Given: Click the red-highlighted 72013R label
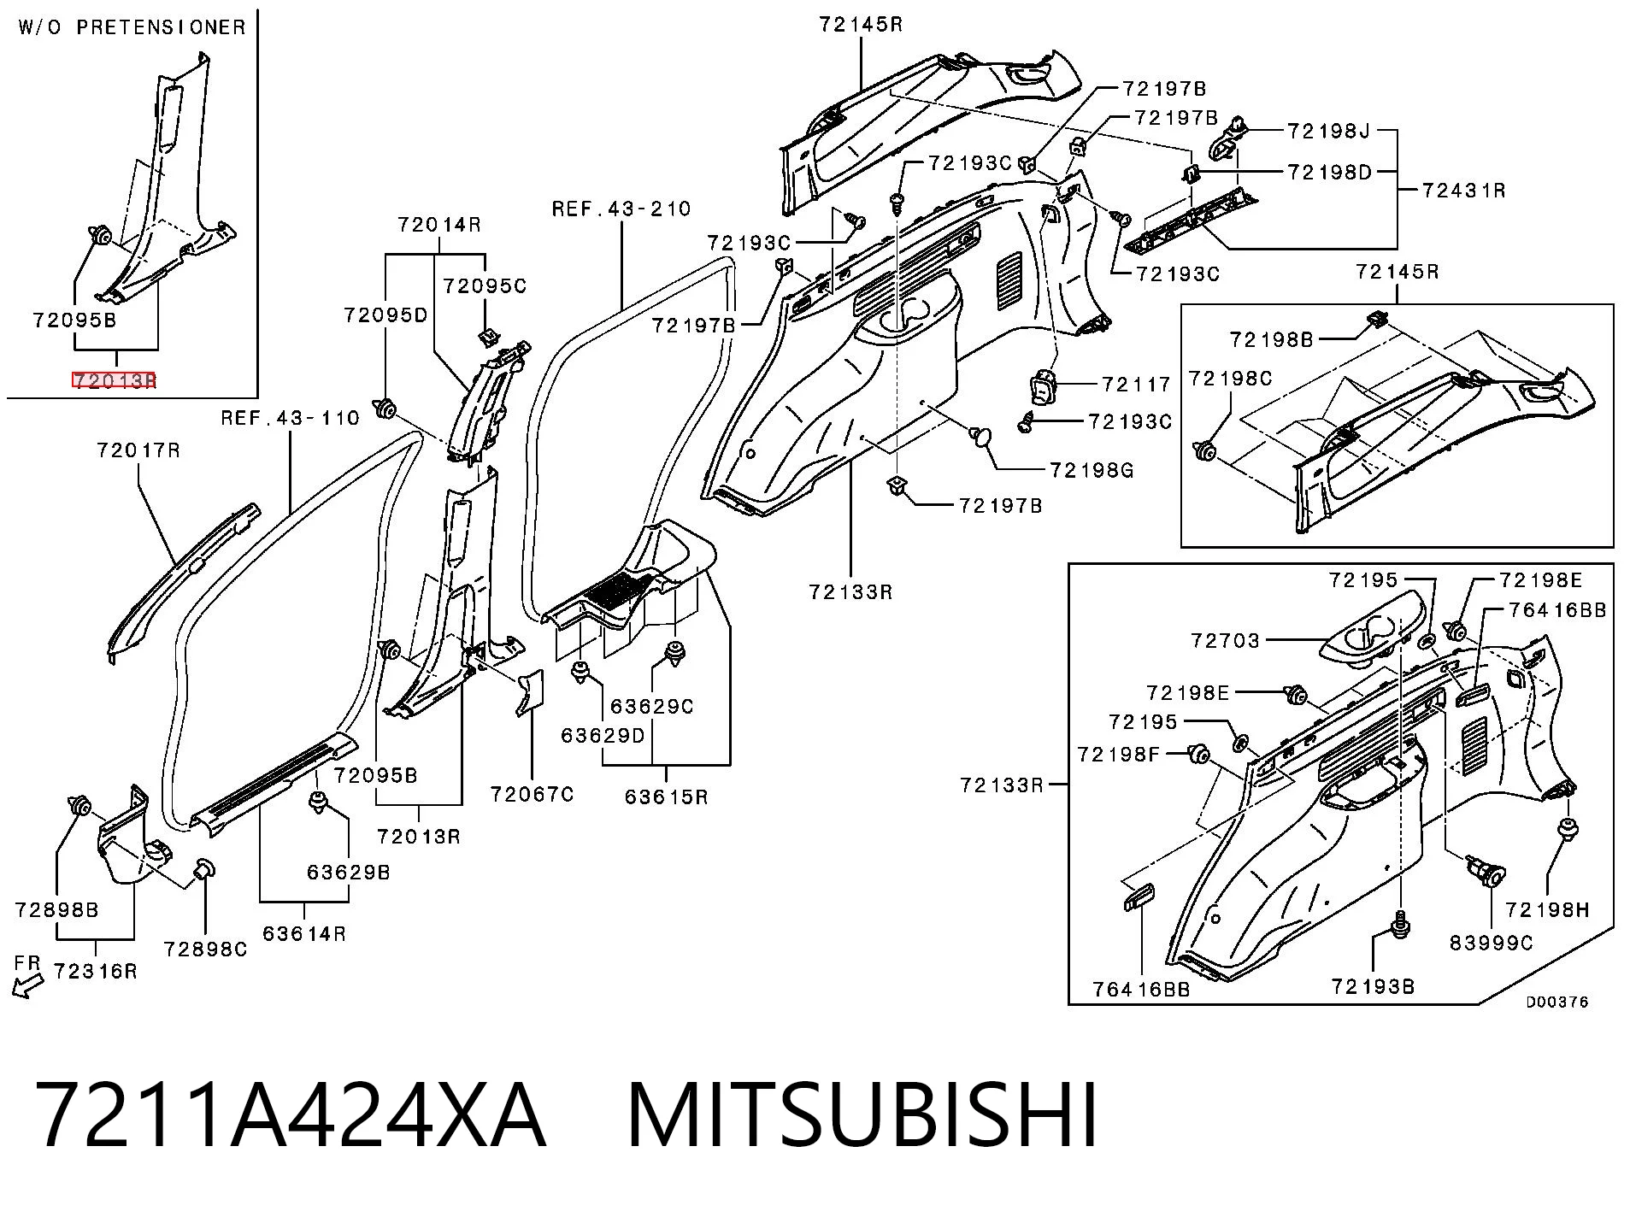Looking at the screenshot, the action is tap(115, 380).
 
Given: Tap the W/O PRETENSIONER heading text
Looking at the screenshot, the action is tap(132, 27).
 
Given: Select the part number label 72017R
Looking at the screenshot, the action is tap(138, 450).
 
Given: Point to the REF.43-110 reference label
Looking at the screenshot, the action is tap(291, 418).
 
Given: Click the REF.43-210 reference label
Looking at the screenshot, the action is tap(621, 209).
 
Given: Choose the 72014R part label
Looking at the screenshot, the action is tap(439, 225).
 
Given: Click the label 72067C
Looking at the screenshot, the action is tap(532, 794).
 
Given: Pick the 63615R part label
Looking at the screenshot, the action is tap(666, 797).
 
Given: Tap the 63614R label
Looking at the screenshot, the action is tap(304, 933).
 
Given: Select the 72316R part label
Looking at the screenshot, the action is tap(95, 971).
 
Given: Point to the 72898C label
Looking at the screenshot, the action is tap(205, 949).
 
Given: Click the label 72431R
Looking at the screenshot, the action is tap(1464, 190).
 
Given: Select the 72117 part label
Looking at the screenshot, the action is tap(1137, 385).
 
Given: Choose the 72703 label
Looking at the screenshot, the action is tap(1226, 640).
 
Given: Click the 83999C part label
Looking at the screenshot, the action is tap(1492, 943).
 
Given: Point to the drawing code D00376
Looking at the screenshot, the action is tap(1557, 1002).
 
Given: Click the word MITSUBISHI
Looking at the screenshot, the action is tap(863, 1116).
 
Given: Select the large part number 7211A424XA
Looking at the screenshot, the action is tap(291, 1116).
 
